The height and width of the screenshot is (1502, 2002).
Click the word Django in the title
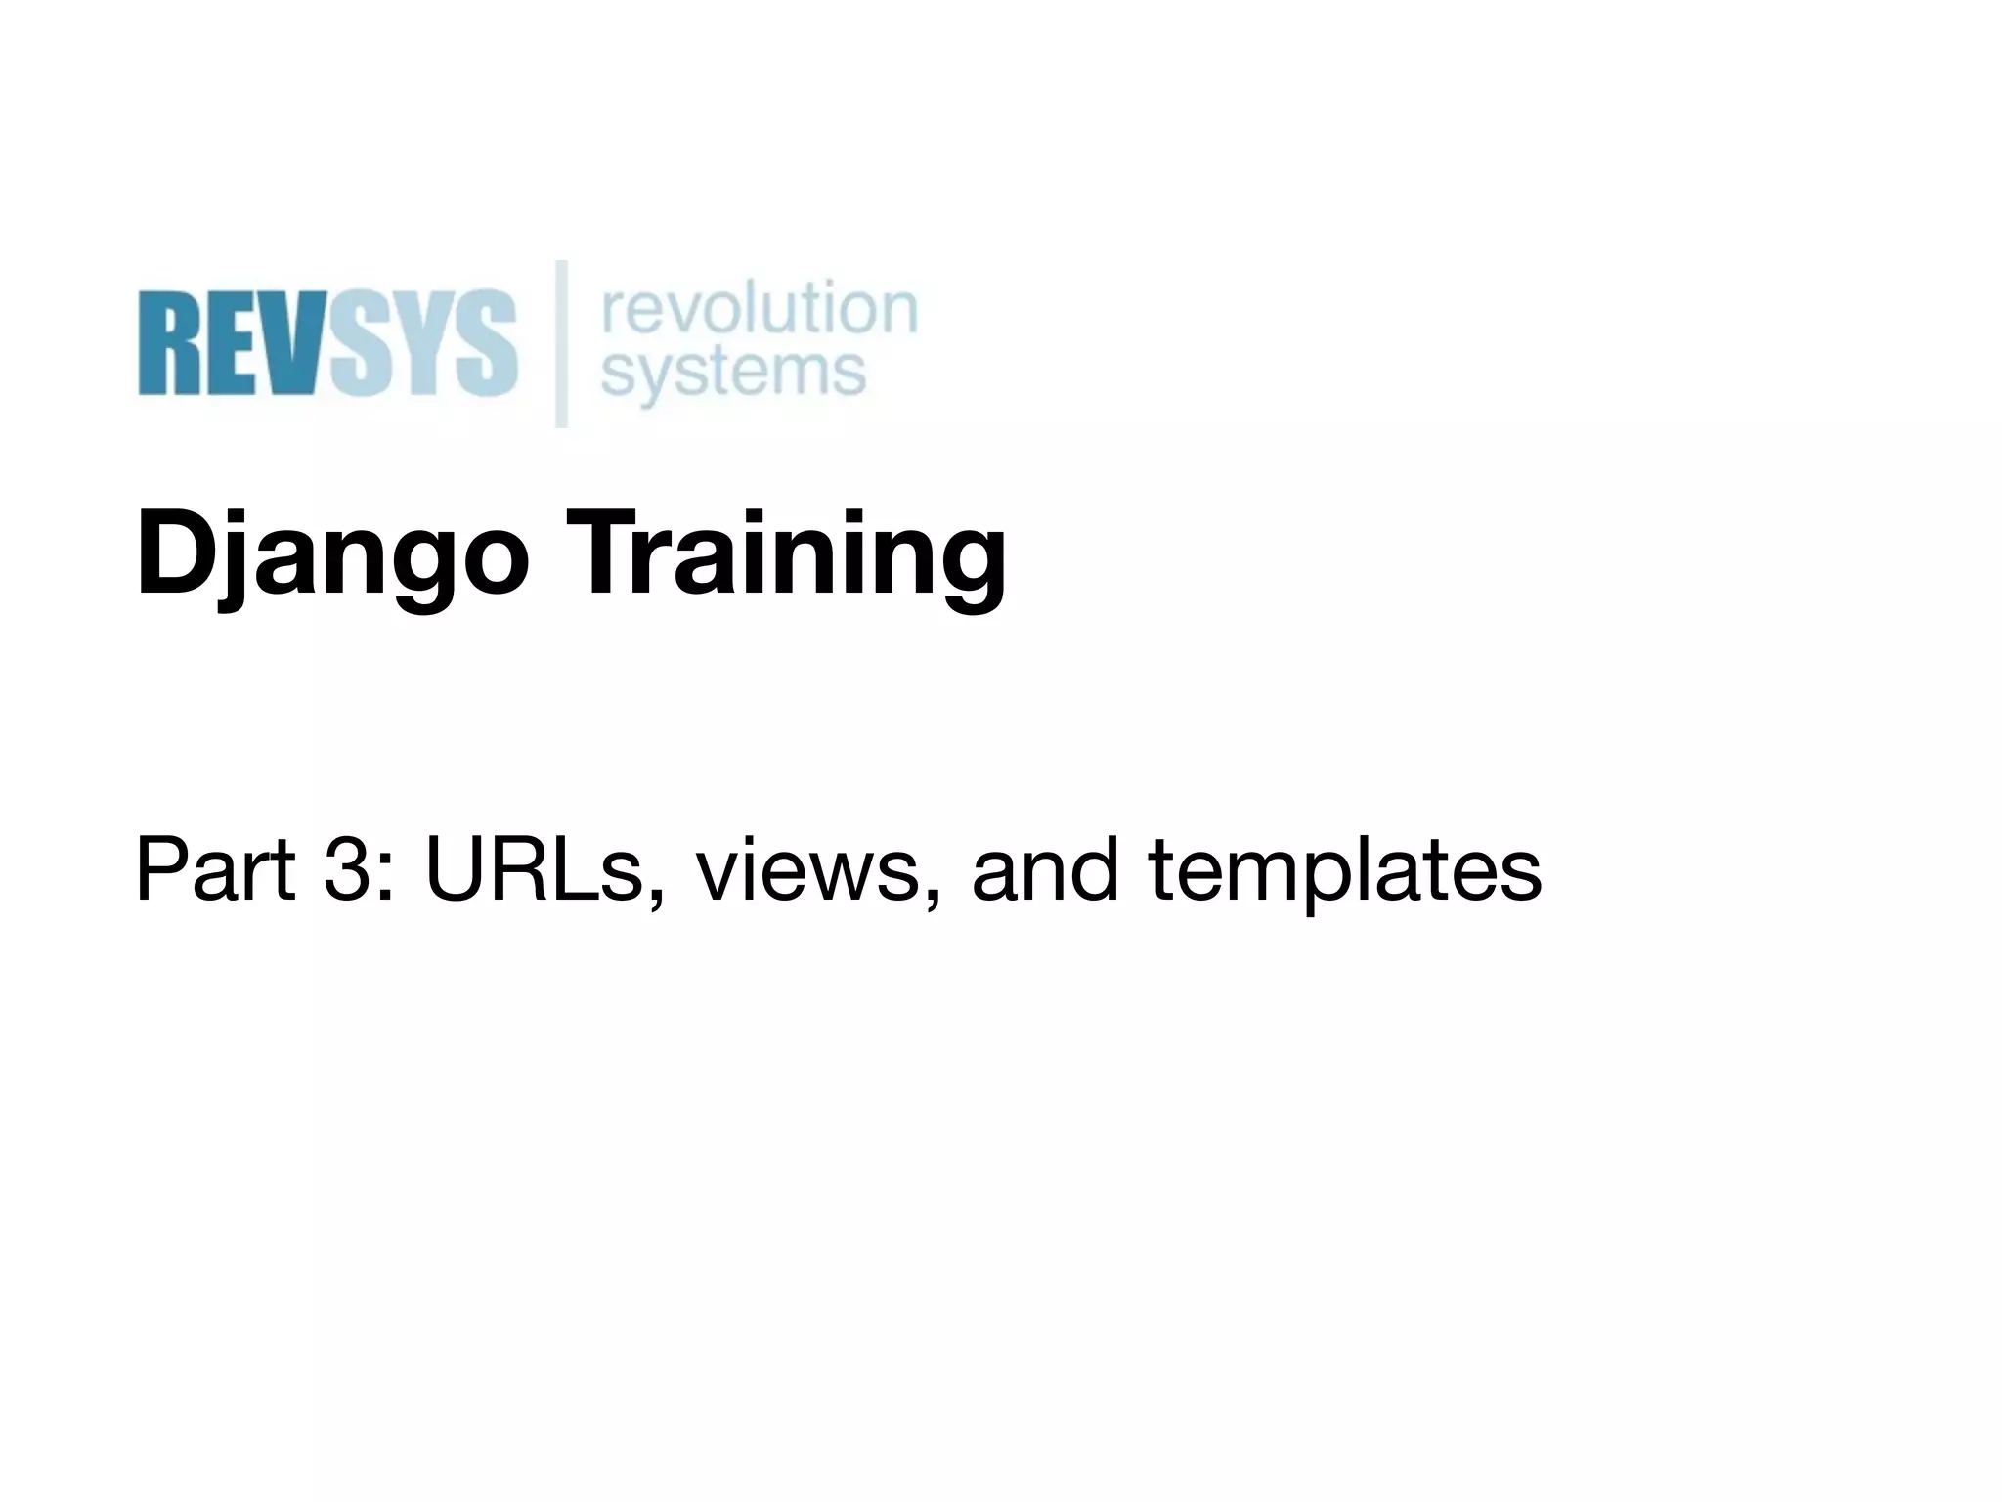point(332,557)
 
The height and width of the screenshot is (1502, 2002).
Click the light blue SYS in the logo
point(422,343)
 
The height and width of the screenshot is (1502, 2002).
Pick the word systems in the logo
point(733,372)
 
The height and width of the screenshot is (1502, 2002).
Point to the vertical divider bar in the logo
point(562,343)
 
